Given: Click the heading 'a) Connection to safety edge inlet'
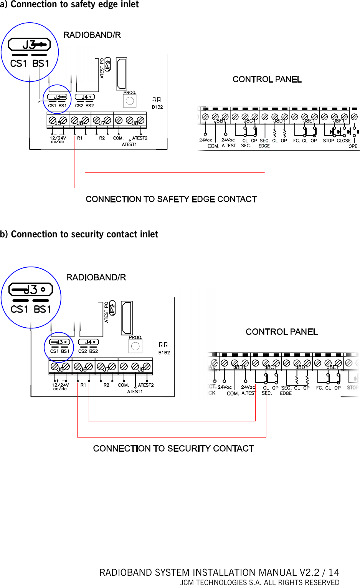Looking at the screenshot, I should click(x=69, y=5).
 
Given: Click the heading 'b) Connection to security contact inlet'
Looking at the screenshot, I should click(x=79, y=234).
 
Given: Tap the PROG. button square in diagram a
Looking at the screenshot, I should click(x=130, y=101).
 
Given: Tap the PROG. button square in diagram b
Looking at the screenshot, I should click(x=135, y=346).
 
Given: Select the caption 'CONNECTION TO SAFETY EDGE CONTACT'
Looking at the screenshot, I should click(x=171, y=199).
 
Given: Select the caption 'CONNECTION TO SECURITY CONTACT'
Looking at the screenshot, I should click(x=173, y=449).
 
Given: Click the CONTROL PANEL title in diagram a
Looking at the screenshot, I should click(x=267, y=80).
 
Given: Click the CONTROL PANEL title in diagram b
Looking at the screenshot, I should click(x=282, y=332).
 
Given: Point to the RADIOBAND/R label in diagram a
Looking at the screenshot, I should click(x=92, y=35).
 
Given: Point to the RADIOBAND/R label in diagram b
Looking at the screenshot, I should click(x=96, y=277).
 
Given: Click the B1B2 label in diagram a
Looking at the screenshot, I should click(x=157, y=107).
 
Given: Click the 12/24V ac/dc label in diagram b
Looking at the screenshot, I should click(x=60, y=386).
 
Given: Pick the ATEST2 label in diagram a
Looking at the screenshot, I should click(x=140, y=138).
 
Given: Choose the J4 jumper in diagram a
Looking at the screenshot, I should click(x=85, y=97).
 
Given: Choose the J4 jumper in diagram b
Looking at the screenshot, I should click(x=88, y=342).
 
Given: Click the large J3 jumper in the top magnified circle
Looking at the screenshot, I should click(x=30, y=45).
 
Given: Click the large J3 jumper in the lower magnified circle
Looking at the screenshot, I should click(x=31, y=289).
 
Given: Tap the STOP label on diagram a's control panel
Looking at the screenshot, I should click(x=329, y=141).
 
